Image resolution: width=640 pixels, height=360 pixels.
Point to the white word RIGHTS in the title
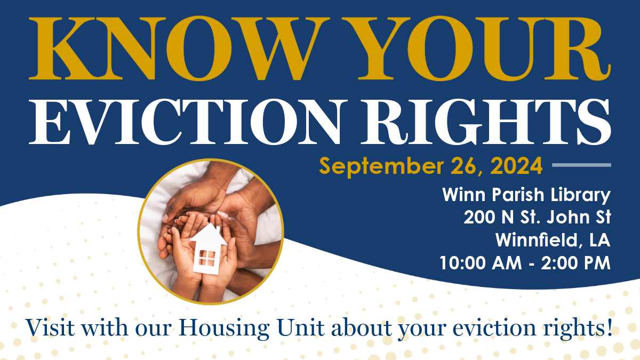tap(486, 122)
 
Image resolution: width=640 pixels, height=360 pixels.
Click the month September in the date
tap(381, 166)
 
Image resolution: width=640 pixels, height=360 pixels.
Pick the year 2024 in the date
tap(517, 166)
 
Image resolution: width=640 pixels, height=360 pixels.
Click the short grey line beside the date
tap(581, 165)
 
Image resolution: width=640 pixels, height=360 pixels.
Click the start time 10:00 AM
tap(481, 263)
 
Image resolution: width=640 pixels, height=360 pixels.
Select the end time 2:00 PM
tap(575, 263)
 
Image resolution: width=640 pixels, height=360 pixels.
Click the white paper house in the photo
tap(207, 249)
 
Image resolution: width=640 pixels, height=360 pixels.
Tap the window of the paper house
tap(206, 258)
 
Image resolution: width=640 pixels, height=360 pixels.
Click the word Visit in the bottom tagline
tap(50, 327)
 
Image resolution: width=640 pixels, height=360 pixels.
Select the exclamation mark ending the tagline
tap(610, 326)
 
